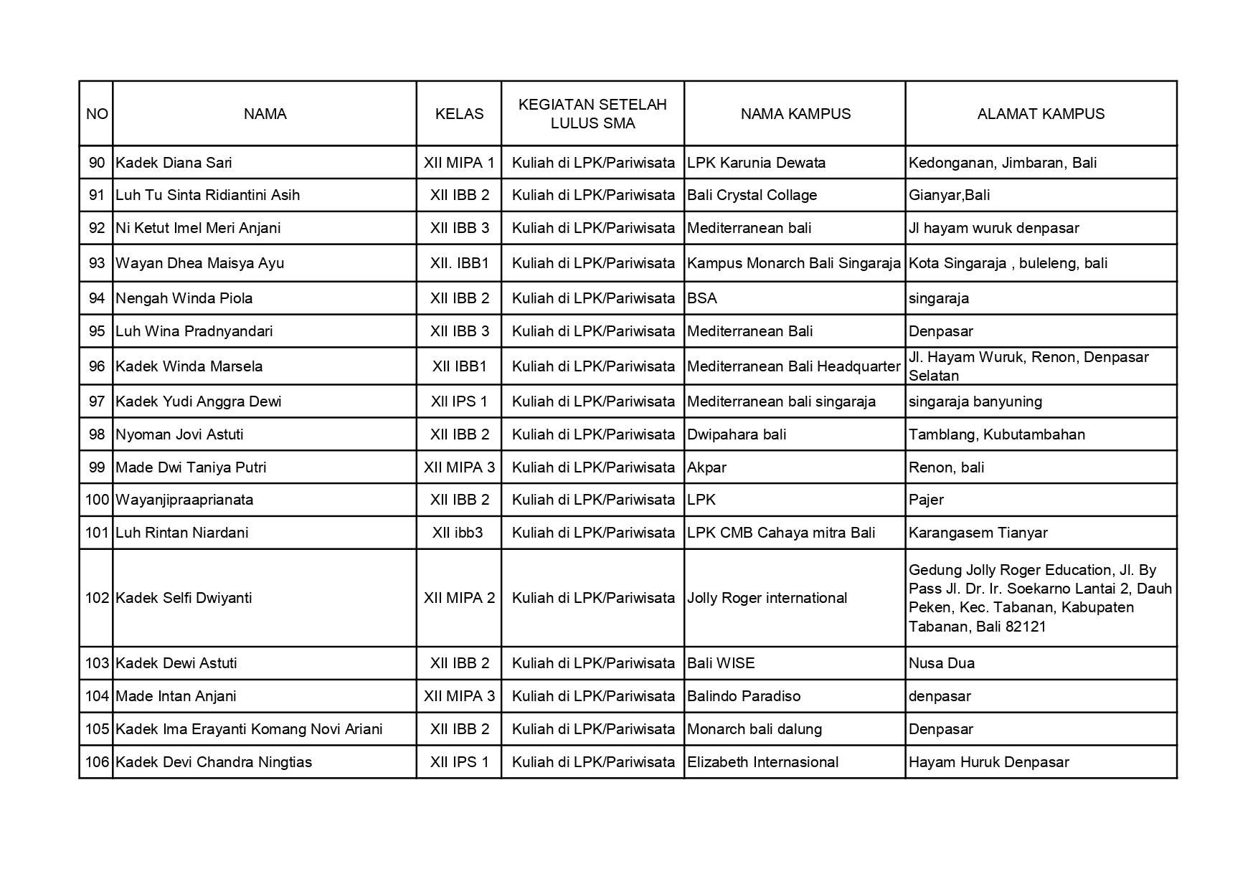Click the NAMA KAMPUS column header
tap(795, 114)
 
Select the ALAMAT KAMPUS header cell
tap(1041, 114)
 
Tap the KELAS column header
tap(459, 114)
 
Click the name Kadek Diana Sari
tap(174, 163)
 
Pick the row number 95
tap(97, 331)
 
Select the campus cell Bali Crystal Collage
tap(752, 195)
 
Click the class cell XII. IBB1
tap(459, 263)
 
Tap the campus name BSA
tap(702, 298)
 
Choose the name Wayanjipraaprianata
tap(184, 500)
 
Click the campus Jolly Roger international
tap(767, 598)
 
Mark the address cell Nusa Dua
tap(942, 663)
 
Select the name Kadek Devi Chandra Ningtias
tap(214, 762)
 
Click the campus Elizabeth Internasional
tap(762, 762)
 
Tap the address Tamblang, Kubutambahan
tap(997, 434)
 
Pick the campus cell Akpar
tap(706, 467)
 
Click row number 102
tap(97, 598)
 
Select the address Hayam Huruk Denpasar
tap(988, 762)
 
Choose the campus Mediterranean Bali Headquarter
tap(793, 366)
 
